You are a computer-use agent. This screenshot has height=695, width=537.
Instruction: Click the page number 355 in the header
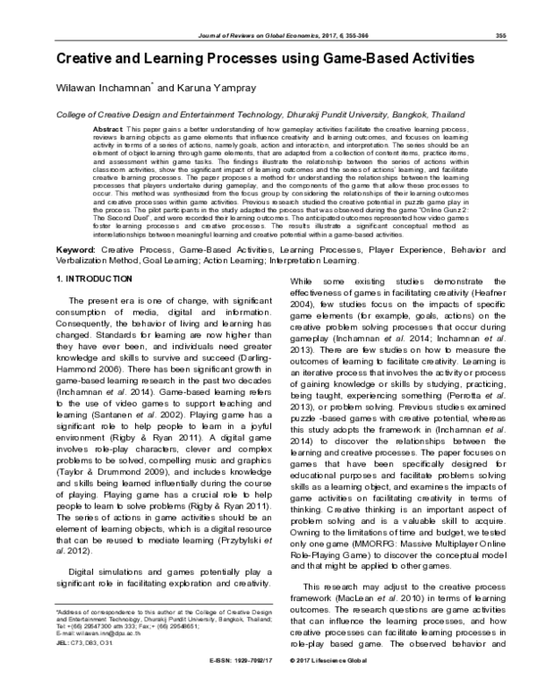coord(502,37)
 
